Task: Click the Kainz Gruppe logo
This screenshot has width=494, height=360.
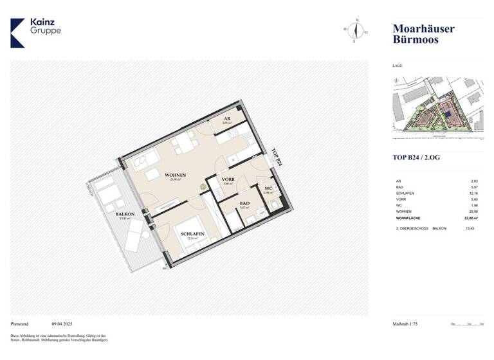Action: (36, 32)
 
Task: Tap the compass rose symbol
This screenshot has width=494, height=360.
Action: (354, 30)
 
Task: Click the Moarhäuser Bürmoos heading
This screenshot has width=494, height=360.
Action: (423, 34)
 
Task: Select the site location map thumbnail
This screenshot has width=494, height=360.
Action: (437, 107)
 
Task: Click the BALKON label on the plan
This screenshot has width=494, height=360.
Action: (124, 214)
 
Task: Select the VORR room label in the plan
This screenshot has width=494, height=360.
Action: (228, 180)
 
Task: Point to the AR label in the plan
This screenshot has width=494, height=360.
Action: (226, 120)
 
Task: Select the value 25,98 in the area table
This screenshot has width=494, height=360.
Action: (474, 212)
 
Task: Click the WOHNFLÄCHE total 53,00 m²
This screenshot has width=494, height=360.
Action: (473, 219)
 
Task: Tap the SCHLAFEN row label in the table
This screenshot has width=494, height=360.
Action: (405, 194)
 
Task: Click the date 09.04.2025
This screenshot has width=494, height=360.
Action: (64, 325)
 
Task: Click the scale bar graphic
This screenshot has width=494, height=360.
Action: (467, 325)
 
